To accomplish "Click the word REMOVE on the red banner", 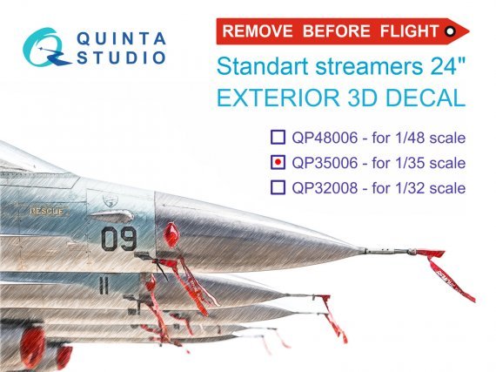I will pyautogui.click(x=255, y=31).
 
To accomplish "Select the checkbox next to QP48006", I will pyautogui.click(x=277, y=137).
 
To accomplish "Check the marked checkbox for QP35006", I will pyautogui.click(x=277, y=162).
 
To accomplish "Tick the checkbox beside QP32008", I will pyautogui.click(x=277, y=187).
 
